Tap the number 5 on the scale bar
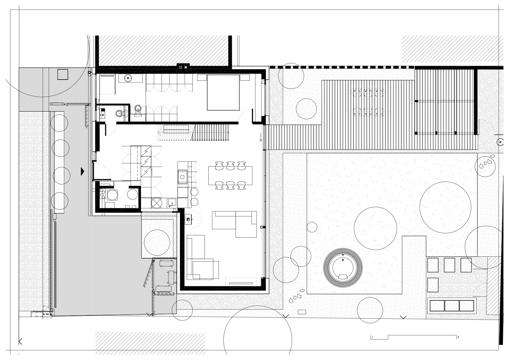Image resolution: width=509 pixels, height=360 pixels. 458,337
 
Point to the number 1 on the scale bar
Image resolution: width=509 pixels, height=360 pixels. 372,337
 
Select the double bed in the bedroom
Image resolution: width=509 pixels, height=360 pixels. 223,92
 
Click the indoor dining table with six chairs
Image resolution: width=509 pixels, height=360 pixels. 230,176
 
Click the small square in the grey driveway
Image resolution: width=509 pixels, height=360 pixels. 62,74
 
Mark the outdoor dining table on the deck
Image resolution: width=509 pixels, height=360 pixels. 368,102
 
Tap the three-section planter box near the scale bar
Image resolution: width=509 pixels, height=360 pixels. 452,306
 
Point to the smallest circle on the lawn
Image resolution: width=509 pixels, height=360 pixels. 312,227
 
